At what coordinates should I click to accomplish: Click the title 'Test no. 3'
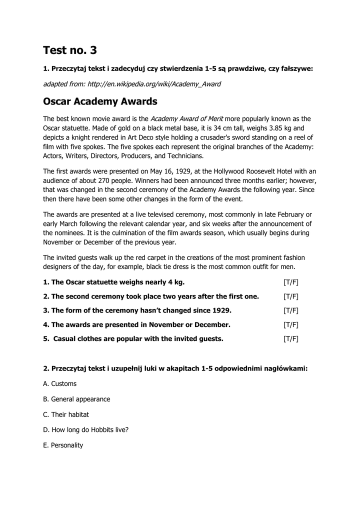pos(70,50)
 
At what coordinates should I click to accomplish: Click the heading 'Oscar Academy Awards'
pos(100,101)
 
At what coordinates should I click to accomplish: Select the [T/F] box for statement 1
pos(290,282)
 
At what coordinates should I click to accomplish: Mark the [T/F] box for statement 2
pos(290,296)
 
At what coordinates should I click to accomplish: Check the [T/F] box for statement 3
pos(290,310)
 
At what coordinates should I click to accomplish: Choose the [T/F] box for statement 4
pos(290,324)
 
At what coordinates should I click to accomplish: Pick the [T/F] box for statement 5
pos(290,338)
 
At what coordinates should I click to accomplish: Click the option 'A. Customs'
pos(60,383)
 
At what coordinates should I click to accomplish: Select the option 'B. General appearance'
pos(76,399)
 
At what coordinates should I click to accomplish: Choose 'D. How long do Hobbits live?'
pos(86,429)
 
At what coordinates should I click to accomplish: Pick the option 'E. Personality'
pos(63,445)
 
